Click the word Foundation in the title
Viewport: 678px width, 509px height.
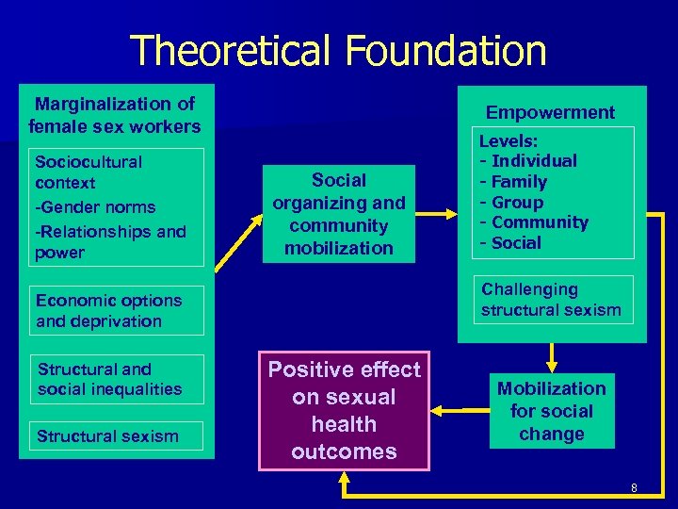pos(439,51)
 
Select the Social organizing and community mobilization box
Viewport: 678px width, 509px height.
pos(339,214)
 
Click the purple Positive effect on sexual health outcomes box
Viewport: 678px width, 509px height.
pos(344,410)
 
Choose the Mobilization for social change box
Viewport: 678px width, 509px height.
pos(551,411)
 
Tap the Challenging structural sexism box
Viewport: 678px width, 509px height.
pos(552,299)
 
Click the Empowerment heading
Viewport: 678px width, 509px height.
pos(550,112)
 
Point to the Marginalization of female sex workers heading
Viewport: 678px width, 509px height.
pos(115,115)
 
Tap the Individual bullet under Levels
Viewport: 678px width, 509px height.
pos(533,161)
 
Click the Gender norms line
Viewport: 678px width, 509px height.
pos(95,206)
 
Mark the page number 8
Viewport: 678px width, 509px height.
pos(634,487)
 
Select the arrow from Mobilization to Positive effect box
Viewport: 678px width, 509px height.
pos(458,410)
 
